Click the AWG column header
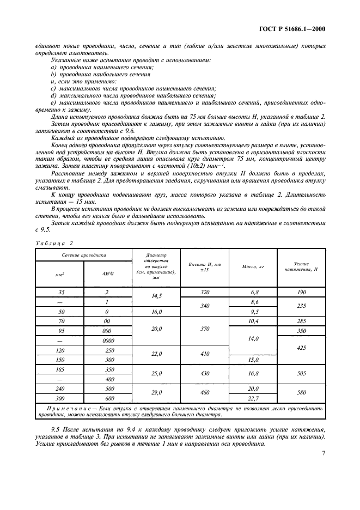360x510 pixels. pos(107,274)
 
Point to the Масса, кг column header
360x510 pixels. pos(253,266)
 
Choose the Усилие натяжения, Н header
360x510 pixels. pos(302,266)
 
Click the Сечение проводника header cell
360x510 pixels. pos(84,254)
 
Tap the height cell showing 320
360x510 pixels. pos(205,292)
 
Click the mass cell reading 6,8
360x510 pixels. pos(253,292)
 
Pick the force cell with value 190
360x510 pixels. pos(302,292)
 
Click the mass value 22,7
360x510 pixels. pos(253,398)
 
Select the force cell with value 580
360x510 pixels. pos(302,393)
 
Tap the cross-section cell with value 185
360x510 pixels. pos(61,369)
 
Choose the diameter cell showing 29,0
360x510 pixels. pos(156,393)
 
